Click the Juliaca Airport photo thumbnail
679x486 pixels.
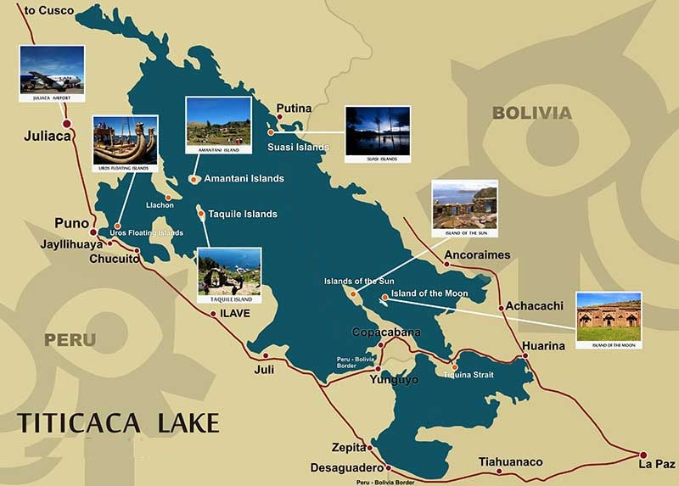pos(52,70)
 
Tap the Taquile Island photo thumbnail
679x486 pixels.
pos(229,271)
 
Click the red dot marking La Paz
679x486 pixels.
pos(643,455)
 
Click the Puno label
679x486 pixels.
pos(71,224)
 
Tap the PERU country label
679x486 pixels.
pos(70,340)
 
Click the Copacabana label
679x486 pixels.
pos(386,332)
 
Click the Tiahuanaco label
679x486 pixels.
pos(510,462)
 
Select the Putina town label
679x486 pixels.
pos(294,109)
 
